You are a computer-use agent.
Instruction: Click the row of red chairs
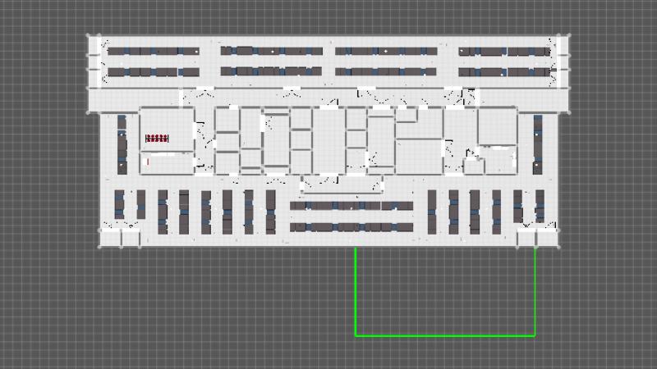click(157, 138)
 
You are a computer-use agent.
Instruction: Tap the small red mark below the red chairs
click(148, 162)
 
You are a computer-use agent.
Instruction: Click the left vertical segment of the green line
click(356, 291)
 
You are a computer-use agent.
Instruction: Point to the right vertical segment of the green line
click(535, 291)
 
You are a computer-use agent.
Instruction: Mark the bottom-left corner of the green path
click(356, 335)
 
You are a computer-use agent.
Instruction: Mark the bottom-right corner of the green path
click(535, 335)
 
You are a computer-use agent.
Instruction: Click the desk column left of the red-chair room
click(122, 143)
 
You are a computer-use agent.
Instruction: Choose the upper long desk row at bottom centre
click(351, 206)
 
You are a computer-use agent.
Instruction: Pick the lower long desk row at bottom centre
click(351, 226)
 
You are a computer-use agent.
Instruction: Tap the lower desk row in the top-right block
click(503, 72)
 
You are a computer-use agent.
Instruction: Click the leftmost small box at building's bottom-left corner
click(109, 239)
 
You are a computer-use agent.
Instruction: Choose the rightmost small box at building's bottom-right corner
click(546, 239)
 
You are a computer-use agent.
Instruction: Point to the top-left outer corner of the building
click(88, 34)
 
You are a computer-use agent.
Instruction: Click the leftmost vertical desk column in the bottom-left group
click(119, 205)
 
